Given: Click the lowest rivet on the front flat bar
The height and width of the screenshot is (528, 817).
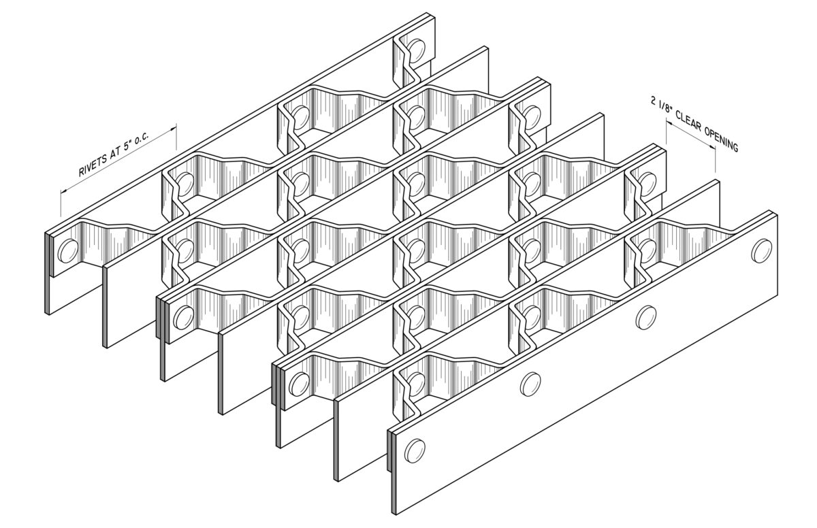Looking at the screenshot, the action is coord(415,450).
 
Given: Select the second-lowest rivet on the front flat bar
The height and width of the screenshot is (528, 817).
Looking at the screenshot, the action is coord(530,384).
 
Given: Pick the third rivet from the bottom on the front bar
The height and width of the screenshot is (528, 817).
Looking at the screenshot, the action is coord(646,317).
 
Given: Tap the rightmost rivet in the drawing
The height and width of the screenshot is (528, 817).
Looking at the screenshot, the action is coord(762,250).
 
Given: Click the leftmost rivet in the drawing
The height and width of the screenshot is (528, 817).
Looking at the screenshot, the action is coord(68,251).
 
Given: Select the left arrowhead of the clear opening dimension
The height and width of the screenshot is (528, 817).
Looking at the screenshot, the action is coord(670,125).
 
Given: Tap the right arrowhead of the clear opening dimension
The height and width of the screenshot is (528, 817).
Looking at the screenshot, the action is coord(711,147).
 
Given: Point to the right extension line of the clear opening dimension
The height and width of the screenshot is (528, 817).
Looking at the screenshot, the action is coord(715,159).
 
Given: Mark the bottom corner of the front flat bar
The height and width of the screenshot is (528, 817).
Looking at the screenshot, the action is coord(396,514).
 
